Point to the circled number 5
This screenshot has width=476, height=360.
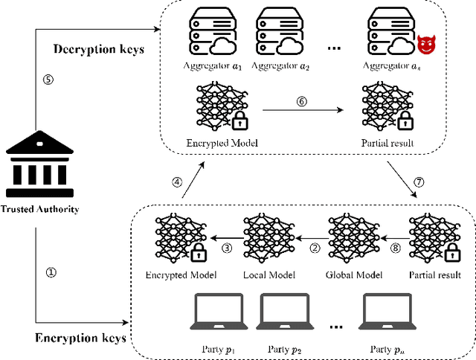(48, 81)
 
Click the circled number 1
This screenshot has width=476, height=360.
(51, 272)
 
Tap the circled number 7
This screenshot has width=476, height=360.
(418, 182)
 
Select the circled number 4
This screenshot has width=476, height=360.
(177, 182)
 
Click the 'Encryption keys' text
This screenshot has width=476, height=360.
(81, 338)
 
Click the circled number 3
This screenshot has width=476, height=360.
(227, 248)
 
